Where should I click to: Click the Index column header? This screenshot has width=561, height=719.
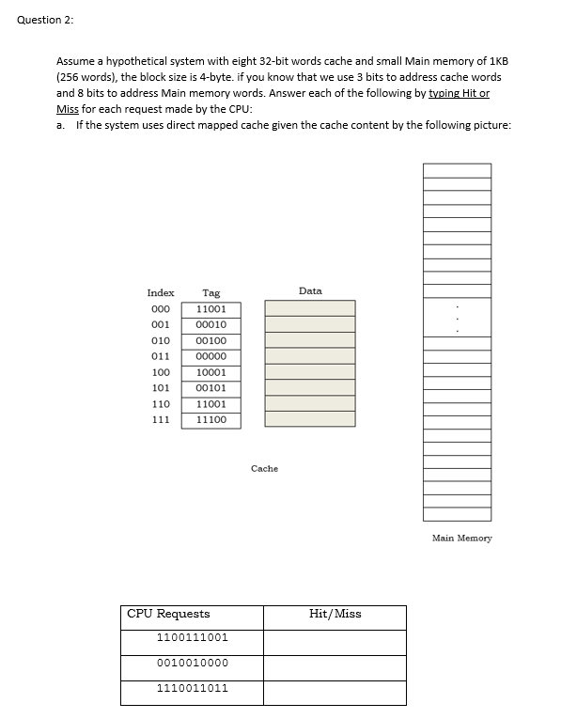click(161, 293)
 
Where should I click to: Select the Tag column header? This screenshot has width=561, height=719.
click(211, 293)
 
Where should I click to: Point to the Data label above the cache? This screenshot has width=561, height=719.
click(310, 291)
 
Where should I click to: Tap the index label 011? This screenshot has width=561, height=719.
click(161, 356)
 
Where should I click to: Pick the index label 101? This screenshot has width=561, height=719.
click(161, 388)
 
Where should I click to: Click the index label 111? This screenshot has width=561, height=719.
click(161, 420)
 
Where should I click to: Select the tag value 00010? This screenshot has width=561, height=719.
click(211, 324)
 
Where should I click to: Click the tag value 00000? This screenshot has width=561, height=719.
click(211, 356)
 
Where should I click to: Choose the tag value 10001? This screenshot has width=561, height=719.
click(211, 372)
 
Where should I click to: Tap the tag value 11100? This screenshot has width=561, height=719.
click(211, 420)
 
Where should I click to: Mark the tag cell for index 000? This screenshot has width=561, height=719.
click(211, 308)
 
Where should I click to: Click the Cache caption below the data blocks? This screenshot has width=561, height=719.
click(265, 468)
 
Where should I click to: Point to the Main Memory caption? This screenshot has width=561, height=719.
click(461, 539)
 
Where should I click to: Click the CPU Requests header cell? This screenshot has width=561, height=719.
click(169, 614)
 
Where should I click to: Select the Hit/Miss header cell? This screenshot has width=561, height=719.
click(335, 614)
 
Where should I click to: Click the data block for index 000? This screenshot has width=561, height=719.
click(310, 308)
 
